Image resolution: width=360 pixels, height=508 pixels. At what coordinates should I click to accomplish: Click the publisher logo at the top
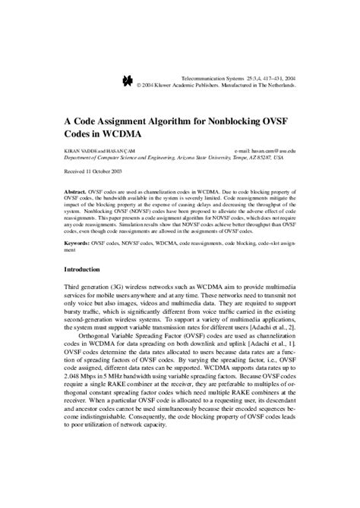[x=127, y=80]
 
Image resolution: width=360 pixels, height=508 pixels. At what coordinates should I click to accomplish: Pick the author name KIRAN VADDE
[x=81, y=151]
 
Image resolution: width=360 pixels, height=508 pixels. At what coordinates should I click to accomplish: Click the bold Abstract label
[x=74, y=193]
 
